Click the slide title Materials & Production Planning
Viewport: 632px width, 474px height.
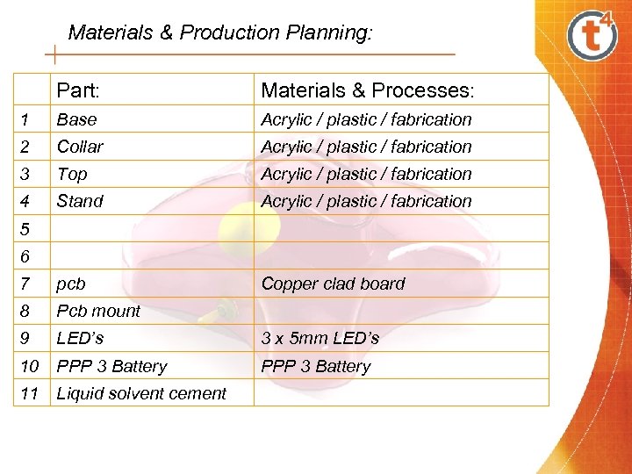pyautogui.click(x=220, y=33)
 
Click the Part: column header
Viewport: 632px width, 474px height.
pyautogui.click(x=79, y=90)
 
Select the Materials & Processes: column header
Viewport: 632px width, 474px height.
pyautogui.click(x=368, y=90)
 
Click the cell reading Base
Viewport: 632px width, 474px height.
pyautogui.click(x=76, y=119)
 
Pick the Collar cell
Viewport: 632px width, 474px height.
pyautogui.click(x=80, y=147)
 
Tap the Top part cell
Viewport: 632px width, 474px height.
pyautogui.click(x=72, y=174)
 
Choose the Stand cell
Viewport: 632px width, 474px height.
pyautogui.click(x=80, y=201)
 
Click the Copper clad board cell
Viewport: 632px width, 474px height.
pyautogui.click(x=333, y=284)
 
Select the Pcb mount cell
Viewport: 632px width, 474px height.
pyautogui.click(x=98, y=311)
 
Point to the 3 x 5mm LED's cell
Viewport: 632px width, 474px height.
pyautogui.click(x=320, y=338)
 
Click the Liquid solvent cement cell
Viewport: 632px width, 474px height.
pyautogui.click(x=141, y=393)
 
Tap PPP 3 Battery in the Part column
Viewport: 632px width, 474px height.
pyautogui.click(x=111, y=366)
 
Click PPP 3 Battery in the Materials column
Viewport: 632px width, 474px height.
pyautogui.click(x=316, y=366)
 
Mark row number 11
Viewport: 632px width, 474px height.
pyautogui.click(x=30, y=393)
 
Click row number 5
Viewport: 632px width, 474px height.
pyautogui.click(x=25, y=229)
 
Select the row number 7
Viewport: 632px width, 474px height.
pyautogui.click(x=25, y=284)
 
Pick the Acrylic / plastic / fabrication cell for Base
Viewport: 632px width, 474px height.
pyautogui.click(x=366, y=119)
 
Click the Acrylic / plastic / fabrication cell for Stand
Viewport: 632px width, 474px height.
pyautogui.click(x=366, y=201)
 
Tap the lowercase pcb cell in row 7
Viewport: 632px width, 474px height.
pyautogui.click(x=71, y=284)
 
